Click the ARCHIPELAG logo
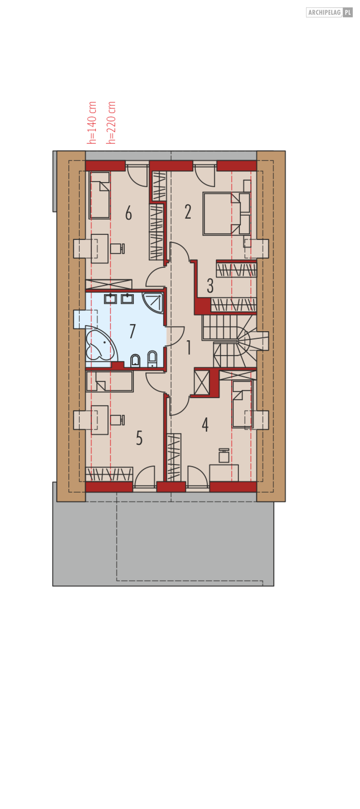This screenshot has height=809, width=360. (329, 12)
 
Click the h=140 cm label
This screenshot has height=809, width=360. (92, 123)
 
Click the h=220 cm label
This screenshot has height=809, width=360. (111, 123)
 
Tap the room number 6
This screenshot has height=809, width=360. (128, 213)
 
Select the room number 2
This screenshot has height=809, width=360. (188, 212)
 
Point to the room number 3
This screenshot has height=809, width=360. (210, 286)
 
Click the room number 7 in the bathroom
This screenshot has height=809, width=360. (132, 331)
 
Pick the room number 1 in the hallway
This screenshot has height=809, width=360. (189, 347)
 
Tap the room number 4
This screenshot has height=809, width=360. (205, 425)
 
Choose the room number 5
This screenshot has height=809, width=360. (139, 438)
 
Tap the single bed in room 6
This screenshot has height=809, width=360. (99, 195)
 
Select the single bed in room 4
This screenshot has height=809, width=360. (242, 404)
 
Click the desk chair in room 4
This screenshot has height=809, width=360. (224, 456)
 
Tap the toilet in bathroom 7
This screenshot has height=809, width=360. (135, 361)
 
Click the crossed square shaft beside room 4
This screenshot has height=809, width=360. (202, 382)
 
